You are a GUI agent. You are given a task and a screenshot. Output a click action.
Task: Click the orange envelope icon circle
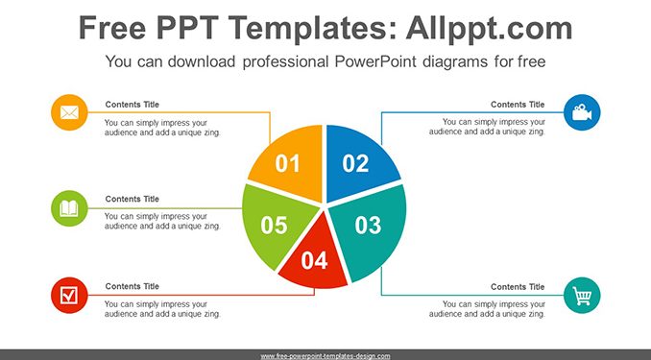click(69, 112)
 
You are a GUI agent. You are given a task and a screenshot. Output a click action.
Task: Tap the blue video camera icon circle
click(582, 112)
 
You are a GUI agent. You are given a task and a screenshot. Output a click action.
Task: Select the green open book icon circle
click(69, 208)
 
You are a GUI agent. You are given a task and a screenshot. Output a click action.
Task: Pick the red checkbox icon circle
click(69, 296)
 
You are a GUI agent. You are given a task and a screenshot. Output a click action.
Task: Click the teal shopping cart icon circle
click(582, 296)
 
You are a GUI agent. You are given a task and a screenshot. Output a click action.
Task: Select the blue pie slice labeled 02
click(357, 162)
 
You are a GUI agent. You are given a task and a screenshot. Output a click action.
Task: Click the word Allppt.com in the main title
click(489, 29)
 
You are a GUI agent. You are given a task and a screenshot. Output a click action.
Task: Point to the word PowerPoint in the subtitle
click(375, 61)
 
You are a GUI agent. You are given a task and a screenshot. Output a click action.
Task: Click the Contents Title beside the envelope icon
click(133, 105)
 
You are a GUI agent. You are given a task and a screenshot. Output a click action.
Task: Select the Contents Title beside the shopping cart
click(518, 286)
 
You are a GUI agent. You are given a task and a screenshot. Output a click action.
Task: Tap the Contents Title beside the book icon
click(133, 199)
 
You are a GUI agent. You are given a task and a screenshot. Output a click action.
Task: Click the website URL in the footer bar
click(325, 356)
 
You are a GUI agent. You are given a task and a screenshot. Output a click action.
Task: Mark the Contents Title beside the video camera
click(518, 105)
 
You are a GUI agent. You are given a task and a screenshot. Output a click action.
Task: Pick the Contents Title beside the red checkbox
click(133, 286)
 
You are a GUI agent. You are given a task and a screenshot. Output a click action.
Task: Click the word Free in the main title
click(112, 28)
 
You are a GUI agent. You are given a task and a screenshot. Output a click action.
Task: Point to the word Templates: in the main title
click(310, 29)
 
